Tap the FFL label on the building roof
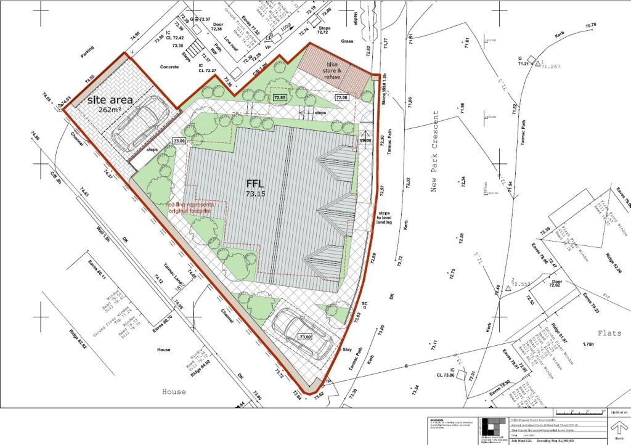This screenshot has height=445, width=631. pos(255,183)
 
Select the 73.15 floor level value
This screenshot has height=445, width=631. pos(255,194)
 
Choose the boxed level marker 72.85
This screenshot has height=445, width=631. pos(280,97)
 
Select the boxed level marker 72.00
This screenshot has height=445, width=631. pos(341,97)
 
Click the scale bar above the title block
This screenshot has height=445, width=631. pos(579,412)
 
